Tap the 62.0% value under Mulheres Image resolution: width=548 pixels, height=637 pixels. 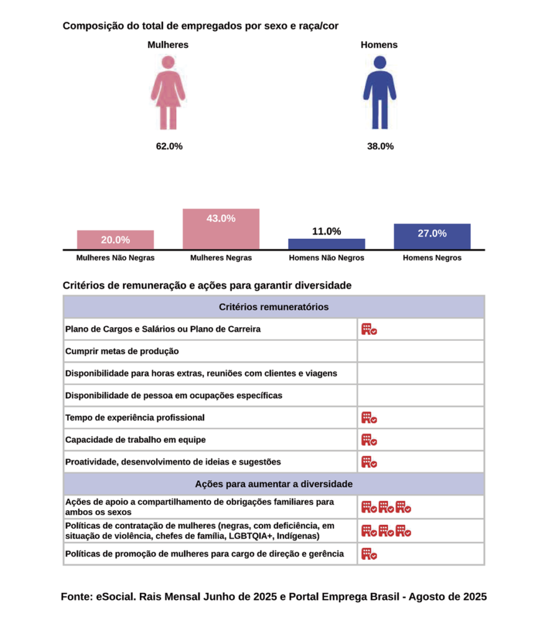pos(169,146)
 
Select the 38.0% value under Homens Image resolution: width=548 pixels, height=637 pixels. pos(380,146)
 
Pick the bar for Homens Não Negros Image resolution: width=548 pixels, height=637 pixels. pos(327,243)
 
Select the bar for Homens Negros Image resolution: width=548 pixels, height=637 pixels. pos(432,236)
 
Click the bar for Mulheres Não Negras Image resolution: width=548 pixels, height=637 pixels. pos(115,239)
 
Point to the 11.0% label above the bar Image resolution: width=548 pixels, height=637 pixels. pos(327,231)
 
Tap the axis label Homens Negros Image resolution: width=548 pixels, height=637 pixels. pos(432,258)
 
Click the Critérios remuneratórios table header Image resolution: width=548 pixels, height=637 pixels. pos(274,307)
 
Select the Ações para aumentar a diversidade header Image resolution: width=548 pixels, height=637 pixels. pos(274,483)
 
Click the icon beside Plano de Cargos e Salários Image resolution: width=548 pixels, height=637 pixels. pos(369,329)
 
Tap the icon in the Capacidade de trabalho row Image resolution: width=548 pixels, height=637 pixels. pos(369,440)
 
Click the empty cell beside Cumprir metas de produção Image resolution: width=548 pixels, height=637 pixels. pos(420,351)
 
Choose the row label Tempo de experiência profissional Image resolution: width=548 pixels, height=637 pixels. pos(135,417)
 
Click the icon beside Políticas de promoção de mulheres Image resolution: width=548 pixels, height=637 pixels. pos(369,554)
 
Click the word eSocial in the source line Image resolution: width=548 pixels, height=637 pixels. pos(115,596)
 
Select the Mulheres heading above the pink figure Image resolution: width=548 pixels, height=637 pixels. pos(168,45)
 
